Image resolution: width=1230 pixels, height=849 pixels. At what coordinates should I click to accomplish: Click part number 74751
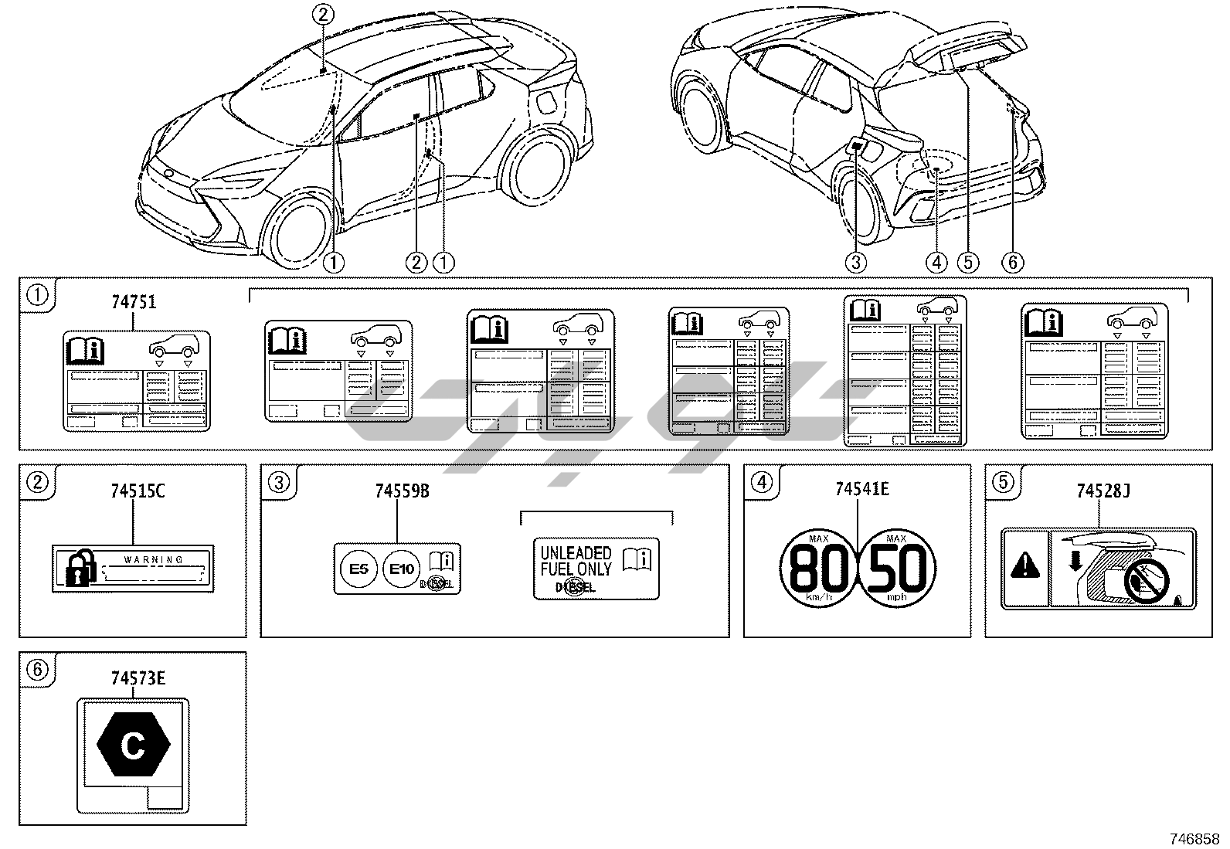134,303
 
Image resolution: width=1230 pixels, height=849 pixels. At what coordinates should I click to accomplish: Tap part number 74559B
402,491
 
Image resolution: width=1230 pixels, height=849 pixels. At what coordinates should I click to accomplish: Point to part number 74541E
862,489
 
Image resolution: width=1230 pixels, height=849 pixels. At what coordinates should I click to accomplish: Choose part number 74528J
1103,491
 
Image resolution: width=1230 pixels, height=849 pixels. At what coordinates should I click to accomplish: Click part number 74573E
138,678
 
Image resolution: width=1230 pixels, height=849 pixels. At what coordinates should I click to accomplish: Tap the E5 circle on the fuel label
358,570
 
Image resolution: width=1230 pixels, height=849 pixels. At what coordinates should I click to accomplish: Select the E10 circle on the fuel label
401,570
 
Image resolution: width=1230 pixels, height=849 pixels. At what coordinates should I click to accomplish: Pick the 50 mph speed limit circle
896,569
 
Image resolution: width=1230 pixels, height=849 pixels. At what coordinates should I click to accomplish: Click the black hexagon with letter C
133,745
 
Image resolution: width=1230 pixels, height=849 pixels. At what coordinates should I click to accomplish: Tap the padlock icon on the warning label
76,569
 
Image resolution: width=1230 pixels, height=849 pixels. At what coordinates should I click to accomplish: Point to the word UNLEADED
576,553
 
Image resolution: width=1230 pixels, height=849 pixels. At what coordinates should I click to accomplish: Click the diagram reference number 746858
1194,839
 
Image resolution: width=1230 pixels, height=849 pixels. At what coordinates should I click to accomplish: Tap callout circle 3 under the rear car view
855,263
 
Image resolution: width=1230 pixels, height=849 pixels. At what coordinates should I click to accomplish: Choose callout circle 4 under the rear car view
936,263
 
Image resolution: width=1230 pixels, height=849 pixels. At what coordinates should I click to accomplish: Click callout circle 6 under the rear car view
1012,263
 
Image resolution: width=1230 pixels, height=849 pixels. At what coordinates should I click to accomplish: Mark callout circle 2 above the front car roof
324,13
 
